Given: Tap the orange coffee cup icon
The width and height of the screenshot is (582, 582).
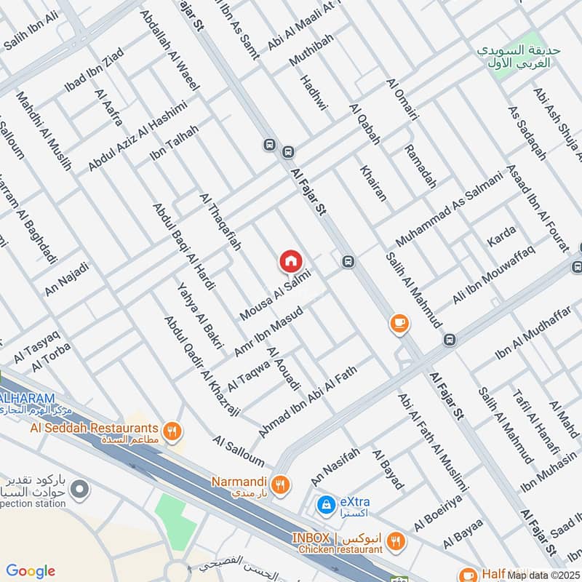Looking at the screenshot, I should pyautogui.click(x=399, y=324).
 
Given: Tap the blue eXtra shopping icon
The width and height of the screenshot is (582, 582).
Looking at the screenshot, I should pyautogui.click(x=326, y=503).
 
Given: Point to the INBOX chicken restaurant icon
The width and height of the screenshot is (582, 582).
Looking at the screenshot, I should pyautogui.click(x=395, y=541).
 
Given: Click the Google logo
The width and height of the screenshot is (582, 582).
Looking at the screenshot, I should pyautogui.click(x=31, y=571).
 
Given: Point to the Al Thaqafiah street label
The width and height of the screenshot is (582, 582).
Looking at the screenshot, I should pyautogui.click(x=220, y=223).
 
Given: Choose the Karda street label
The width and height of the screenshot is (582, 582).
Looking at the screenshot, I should pyautogui.click(x=501, y=236).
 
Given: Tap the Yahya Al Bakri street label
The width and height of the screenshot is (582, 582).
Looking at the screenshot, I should pyautogui.click(x=199, y=316).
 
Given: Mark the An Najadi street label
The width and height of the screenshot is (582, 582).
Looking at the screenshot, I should pyautogui.click(x=67, y=279).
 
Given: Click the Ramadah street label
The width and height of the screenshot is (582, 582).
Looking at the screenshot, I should pyautogui.click(x=420, y=167).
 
